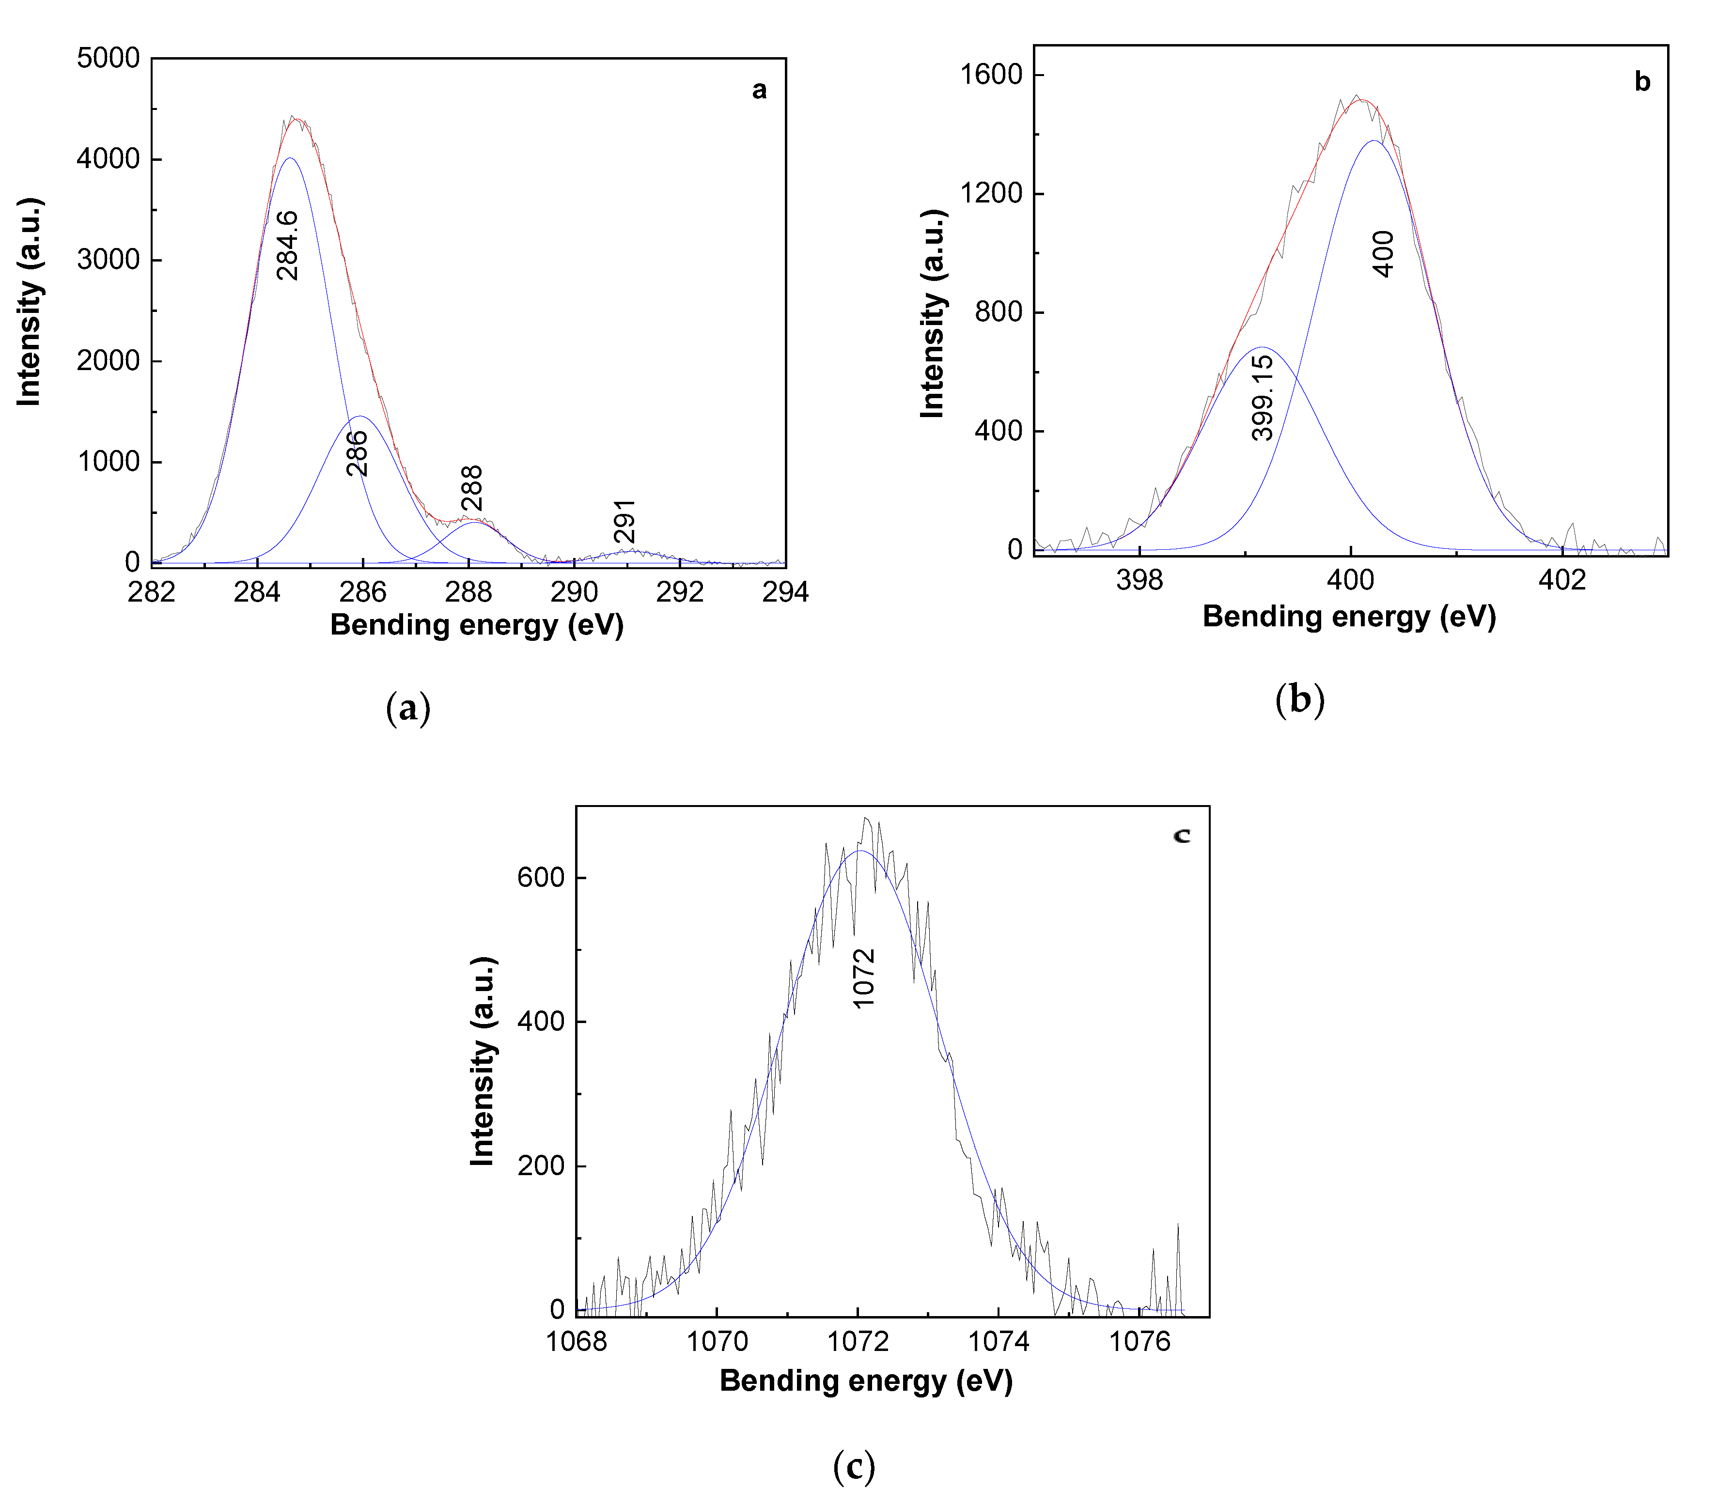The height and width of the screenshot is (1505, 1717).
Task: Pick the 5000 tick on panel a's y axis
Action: coord(109,59)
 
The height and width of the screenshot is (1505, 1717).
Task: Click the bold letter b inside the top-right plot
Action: coord(1642,82)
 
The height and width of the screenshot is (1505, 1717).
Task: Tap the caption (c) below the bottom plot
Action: coord(854,1466)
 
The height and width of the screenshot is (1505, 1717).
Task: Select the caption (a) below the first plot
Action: coord(408,708)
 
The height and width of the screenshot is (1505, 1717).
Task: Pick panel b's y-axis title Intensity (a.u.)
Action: coord(933,313)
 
